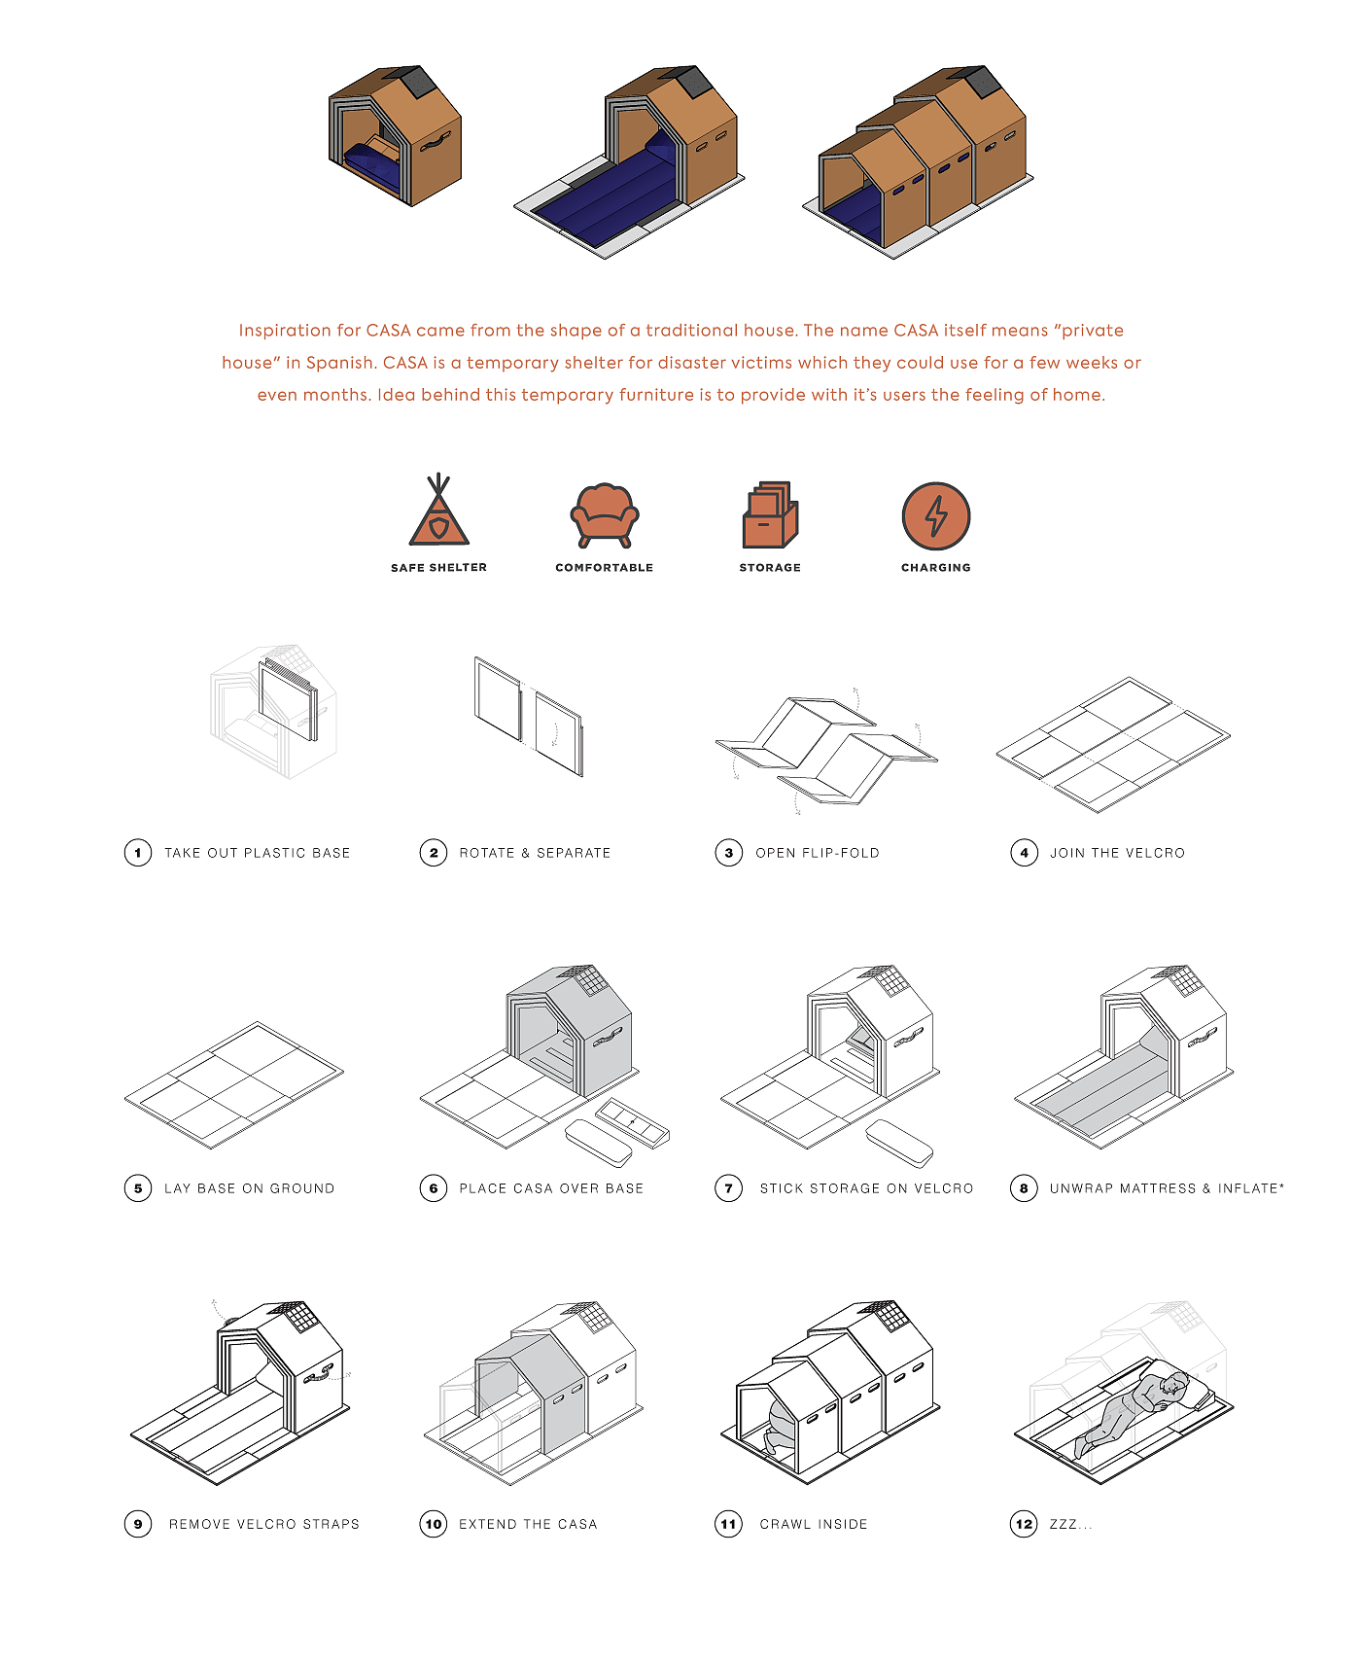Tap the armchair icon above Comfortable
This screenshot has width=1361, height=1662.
(x=605, y=514)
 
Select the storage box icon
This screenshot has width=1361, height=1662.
(x=770, y=514)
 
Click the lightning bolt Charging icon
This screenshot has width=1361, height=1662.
(x=936, y=515)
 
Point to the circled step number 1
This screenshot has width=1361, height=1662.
(x=138, y=853)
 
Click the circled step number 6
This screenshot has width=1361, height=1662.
(x=434, y=1188)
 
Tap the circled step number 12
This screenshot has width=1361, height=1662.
(x=1024, y=1524)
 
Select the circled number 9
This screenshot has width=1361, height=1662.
(x=138, y=1524)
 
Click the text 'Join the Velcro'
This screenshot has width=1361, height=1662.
(x=1118, y=853)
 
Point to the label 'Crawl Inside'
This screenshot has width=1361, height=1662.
(x=814, y=1524)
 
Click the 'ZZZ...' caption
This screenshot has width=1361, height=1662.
(x=1070, y=1524)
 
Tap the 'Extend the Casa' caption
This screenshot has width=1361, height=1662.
(x=528, y=1524)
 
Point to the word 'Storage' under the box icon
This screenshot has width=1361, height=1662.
(x=770, y=568)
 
